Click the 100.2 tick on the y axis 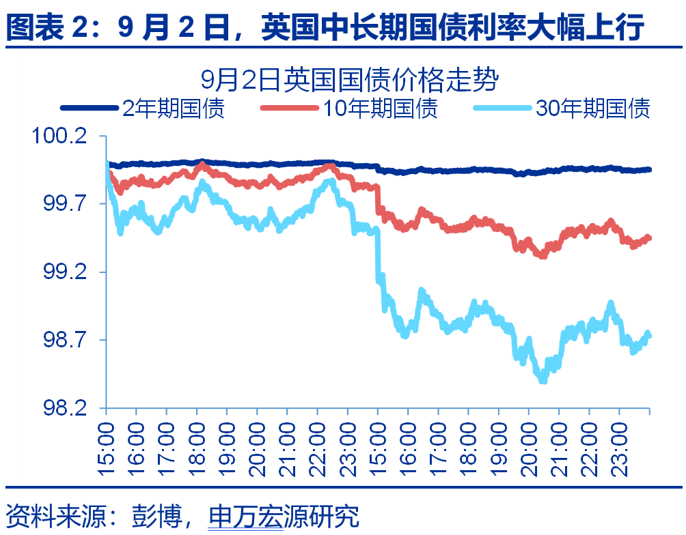(x=60, y=136)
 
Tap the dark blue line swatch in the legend (x=90, y=108)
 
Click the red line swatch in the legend (x=290, y=108)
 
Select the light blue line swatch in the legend (x=502, y=108)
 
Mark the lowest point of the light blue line (x=543, y=379)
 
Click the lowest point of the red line (x=543, y=256)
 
